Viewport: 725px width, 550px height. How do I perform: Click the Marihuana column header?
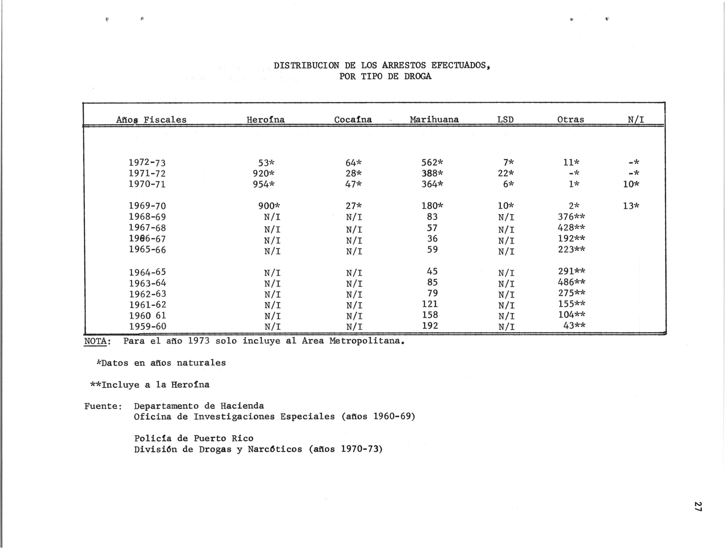(434, 120)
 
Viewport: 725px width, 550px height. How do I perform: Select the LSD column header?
(505, 120)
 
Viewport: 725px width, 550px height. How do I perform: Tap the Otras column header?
(570, 120)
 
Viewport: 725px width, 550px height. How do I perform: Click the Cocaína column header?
(353, 120)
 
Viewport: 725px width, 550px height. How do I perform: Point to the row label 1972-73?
(147, 162)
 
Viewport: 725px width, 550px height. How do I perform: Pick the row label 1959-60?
(147, 326)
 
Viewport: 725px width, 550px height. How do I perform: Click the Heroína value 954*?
(263, 184)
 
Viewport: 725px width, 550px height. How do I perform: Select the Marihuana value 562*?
(432, 162)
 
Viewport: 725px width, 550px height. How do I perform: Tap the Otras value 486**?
(571, 282)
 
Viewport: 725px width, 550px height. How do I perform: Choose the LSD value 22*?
(506, 173)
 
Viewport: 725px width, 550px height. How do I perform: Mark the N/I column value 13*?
(631, 206)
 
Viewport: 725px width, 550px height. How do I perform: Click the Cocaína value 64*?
(353, 162)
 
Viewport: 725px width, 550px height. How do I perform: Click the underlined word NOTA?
(95, 341)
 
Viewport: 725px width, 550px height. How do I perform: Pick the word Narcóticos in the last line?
(275, 449)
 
